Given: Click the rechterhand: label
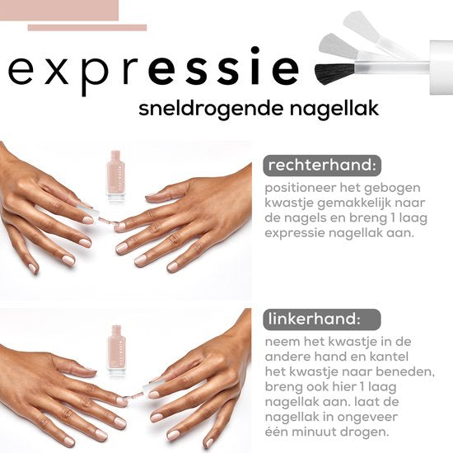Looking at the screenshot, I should pos(321,166).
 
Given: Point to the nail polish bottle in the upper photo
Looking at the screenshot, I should pos(114,174).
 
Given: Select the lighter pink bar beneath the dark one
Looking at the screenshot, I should pos(86,27).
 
